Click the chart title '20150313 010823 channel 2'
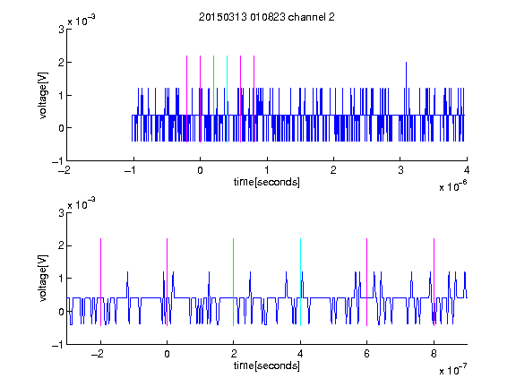(267, 17)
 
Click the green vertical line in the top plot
(213, 99)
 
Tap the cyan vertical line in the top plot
(227, 99)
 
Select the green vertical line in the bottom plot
(233, 282)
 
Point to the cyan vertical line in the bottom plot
(300, 282)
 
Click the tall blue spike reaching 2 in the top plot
(406, 88)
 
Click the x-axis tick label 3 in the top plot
(400, 170)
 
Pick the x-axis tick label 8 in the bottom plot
(434, 354)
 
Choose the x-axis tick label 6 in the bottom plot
(367, 354)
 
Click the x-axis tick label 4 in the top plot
(467, 170)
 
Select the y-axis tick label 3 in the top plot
(61, 30)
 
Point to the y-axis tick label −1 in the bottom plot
(57, 344)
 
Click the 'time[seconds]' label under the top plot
(267, 182)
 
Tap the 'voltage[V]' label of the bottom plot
(43, 278)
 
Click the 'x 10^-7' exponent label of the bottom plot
(452, 369)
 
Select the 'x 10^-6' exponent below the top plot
(452, 185)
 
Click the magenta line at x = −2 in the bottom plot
(100, 282)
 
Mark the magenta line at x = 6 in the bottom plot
(367, 282)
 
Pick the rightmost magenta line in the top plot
(254, 99)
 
